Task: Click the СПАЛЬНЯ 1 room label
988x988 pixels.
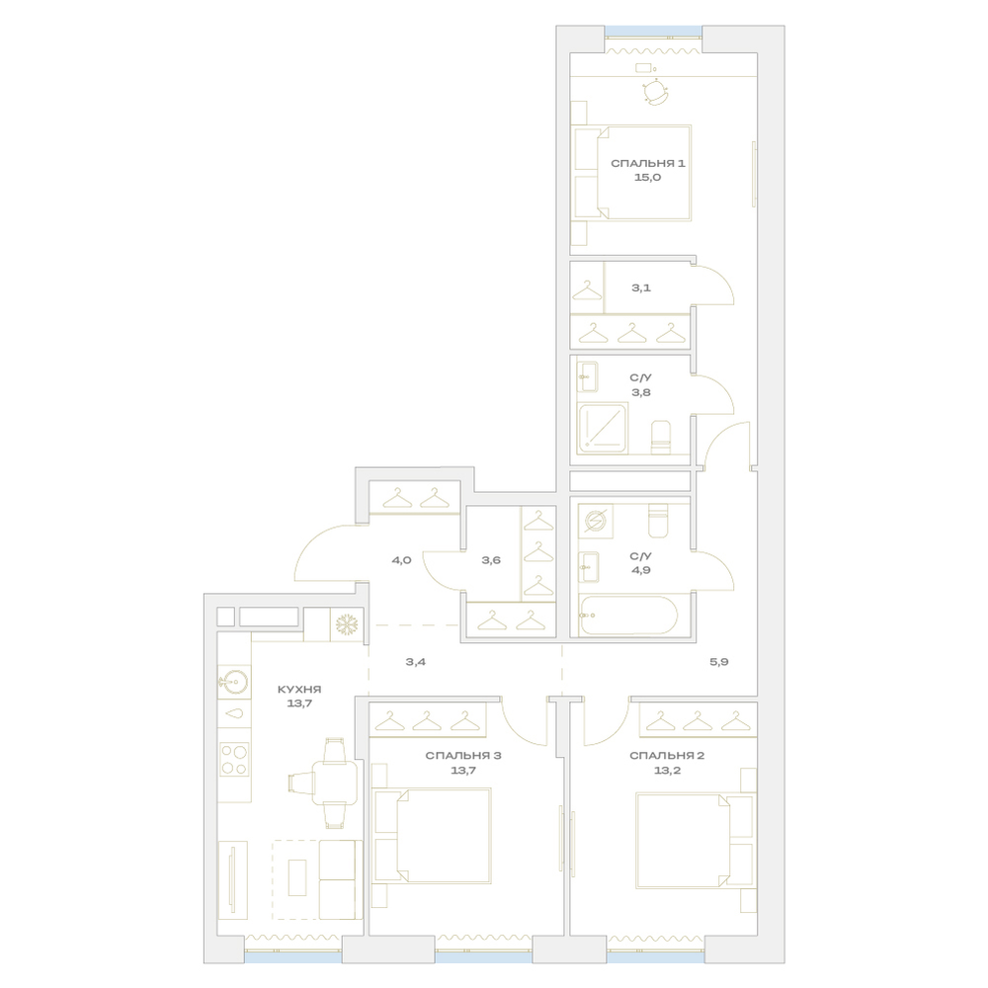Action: point(648,164)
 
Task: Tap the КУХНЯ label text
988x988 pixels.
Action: point(299,690)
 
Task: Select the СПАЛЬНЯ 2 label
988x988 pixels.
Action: point(667,756)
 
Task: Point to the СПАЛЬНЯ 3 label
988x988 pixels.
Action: point(463,756)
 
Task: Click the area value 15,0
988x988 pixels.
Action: point(648,178)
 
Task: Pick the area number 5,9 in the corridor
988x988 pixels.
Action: point(719,662)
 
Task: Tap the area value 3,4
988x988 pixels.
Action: point(415,662)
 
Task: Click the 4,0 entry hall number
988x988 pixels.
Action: point(401,560)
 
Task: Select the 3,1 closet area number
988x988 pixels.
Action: point(641,288)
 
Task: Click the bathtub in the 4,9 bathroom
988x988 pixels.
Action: point(628,615)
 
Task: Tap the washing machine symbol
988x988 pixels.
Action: point(596,521)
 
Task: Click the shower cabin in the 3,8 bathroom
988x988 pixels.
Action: point(603,429)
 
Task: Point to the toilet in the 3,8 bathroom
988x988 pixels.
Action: point(660,438)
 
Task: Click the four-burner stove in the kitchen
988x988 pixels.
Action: point(234,759)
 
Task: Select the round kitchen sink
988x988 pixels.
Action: point(234,682)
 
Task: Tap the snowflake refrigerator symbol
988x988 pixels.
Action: point(347,625)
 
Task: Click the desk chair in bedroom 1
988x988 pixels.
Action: point(655,92)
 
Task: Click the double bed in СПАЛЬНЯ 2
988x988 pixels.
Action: point(695,841)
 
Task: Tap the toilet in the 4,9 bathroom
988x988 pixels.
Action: point(658,521)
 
